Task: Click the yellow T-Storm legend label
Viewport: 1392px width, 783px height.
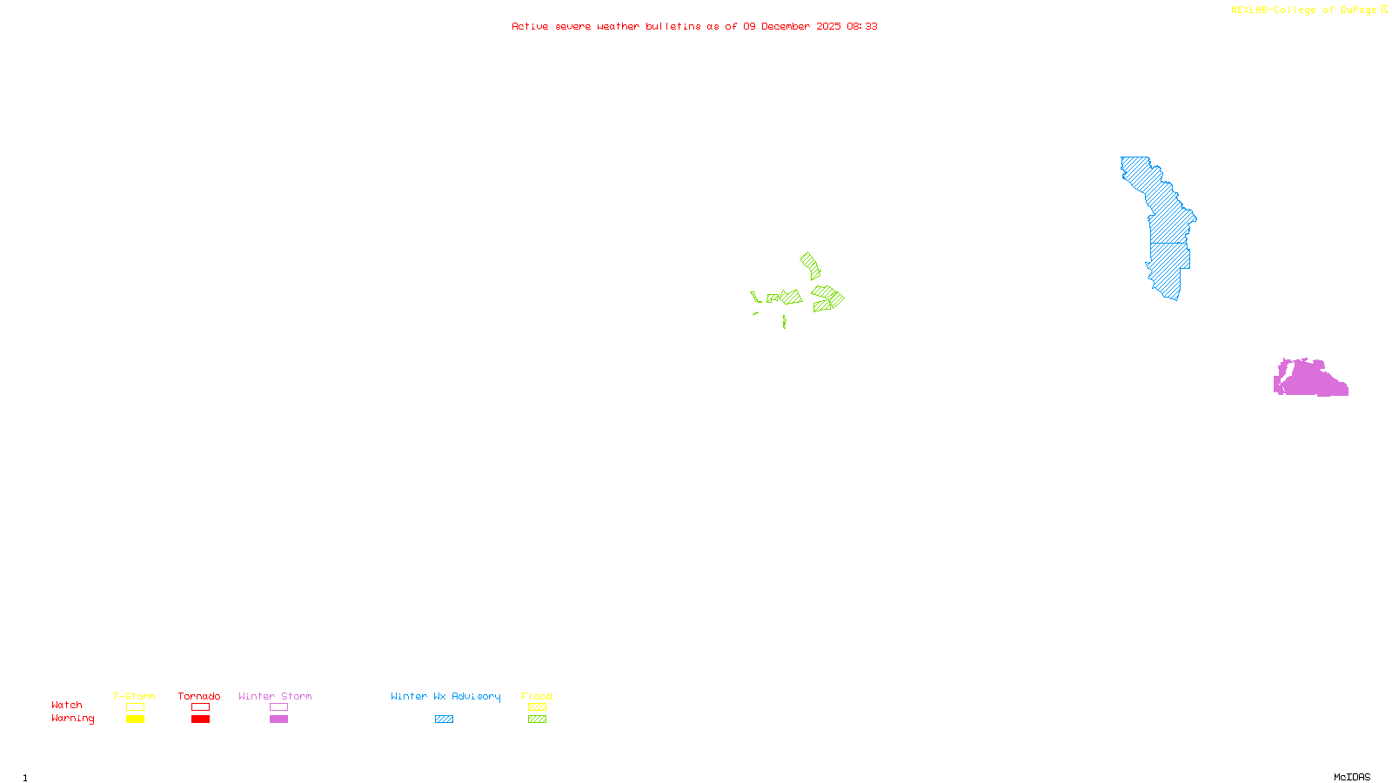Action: pyautogui.click(x=134, y=696)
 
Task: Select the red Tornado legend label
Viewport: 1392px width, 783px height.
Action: pyautogui.click(x=199, y=696)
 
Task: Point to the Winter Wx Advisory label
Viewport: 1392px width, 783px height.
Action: pyautogui.click(x=445, y=696)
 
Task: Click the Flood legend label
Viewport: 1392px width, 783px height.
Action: pyautogui.click(x=537, y=696)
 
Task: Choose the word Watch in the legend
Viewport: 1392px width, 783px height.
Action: pyautogui.click(x=67, y=706)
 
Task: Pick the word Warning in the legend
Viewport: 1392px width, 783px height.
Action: pyautogui.click(x=73, y=719)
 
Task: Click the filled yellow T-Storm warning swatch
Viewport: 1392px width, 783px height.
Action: pyautogui.click(x=135, y=719)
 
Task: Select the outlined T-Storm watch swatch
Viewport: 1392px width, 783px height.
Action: pyautogui.click(x=135, y=707)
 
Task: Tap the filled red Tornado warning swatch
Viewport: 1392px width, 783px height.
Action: pyautogui.click(x=201, y=719)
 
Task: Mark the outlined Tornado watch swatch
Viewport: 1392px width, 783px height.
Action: pyautogui.click(x=201, y=707)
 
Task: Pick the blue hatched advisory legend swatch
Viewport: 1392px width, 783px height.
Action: pyautogui.click(x=444, y=719)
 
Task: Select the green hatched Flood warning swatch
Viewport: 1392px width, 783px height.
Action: pyautogui.click(x=538, y=719)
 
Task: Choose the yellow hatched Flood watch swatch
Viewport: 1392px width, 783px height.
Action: pyautogui.click(x=538, y=707)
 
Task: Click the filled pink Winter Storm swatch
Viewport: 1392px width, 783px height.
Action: pyautogui.click(x=278, y=719)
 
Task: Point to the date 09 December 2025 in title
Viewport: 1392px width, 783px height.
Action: pyautogui.click(x=792, y=26)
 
